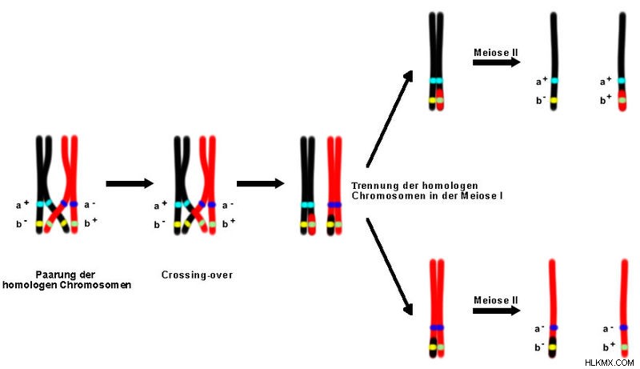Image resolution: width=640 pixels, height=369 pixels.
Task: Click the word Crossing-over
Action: click(197, 275)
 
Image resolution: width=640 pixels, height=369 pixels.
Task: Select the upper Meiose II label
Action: click(496, 53)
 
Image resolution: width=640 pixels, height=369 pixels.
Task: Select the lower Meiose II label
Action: click(496, 300)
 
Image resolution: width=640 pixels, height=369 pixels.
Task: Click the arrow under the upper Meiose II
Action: click(497, 62)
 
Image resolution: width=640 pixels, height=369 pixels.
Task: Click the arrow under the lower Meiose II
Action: click(497, 311)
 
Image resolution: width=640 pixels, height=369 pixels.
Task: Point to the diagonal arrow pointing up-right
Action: click(390, 118)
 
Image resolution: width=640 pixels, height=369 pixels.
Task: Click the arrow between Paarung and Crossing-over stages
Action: click(130, 183)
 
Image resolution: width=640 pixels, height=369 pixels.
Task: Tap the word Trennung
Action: click(370, 187)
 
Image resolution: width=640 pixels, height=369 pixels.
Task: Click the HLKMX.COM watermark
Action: click(610, 363)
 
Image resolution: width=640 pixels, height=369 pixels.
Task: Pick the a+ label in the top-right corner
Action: click(606, 81)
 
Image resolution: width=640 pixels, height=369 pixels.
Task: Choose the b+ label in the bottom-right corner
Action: click(609, 347)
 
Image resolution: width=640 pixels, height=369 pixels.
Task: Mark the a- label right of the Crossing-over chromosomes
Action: click(227, 205)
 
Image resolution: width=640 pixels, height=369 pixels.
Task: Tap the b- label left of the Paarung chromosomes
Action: click(22, 223)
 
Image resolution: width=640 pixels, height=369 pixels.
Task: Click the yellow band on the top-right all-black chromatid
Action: click(554, 100)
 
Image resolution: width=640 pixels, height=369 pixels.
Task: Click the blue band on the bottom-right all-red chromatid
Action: click(624, 327)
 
